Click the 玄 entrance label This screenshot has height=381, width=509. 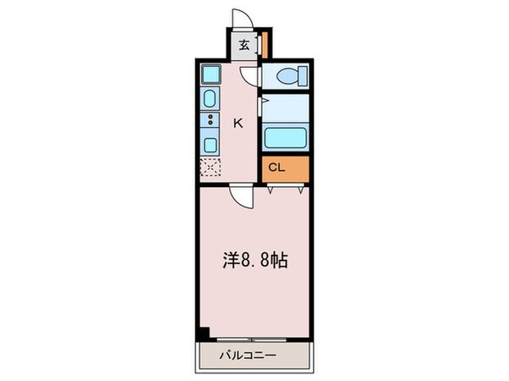coord(243,47)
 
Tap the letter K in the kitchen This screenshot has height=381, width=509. coord(238,123)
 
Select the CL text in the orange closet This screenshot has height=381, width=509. coord(277,167)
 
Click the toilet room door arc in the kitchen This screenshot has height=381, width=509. coord(249,78)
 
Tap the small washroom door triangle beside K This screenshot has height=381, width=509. coord(265,103)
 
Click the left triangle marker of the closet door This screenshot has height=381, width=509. coord(271,191)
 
